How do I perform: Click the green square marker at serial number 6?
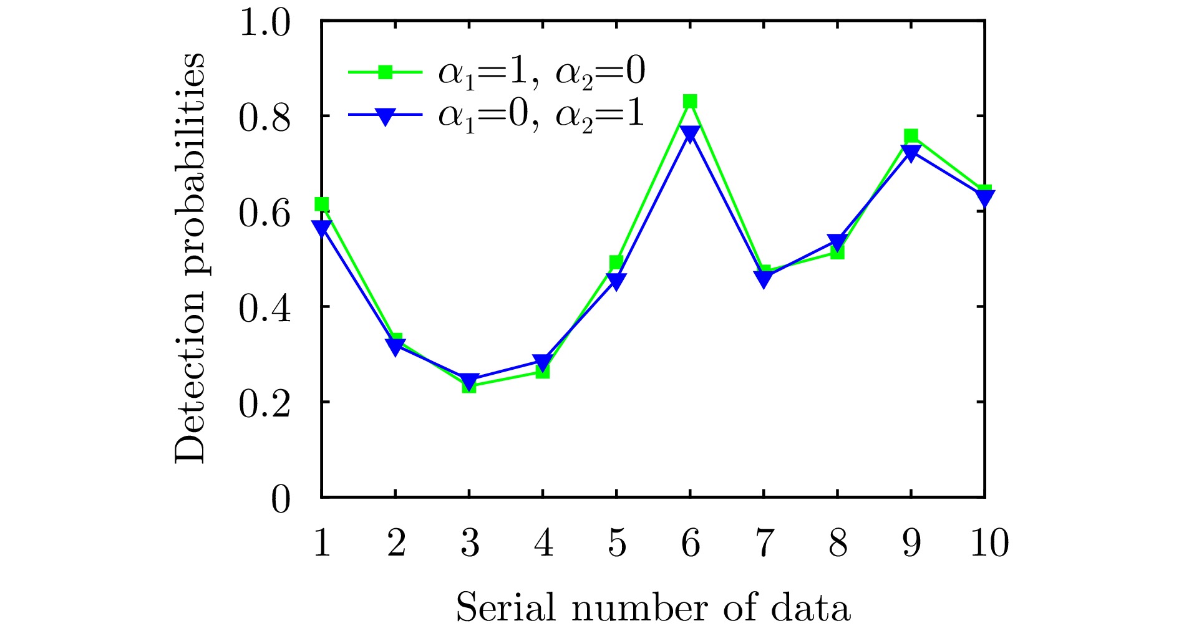(x=689, y=101)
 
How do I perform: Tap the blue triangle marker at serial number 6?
(x=689, y=134)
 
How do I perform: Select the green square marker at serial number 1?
(x=322, y=204)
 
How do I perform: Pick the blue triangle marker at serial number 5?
(x=616, y=282)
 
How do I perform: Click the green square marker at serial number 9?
(x=911, y=136)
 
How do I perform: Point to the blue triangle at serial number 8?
(x=837, y=243)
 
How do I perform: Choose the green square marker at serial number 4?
(x=543, y=372)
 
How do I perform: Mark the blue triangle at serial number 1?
(x=322, y=229)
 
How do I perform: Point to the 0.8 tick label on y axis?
(x=264, y=117)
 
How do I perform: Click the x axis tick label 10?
(x=989, y=542)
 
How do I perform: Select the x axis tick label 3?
(x=469, y=542)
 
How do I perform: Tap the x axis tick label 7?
(x=764, y=542)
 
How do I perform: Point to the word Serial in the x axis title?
(x=506, y=607)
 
